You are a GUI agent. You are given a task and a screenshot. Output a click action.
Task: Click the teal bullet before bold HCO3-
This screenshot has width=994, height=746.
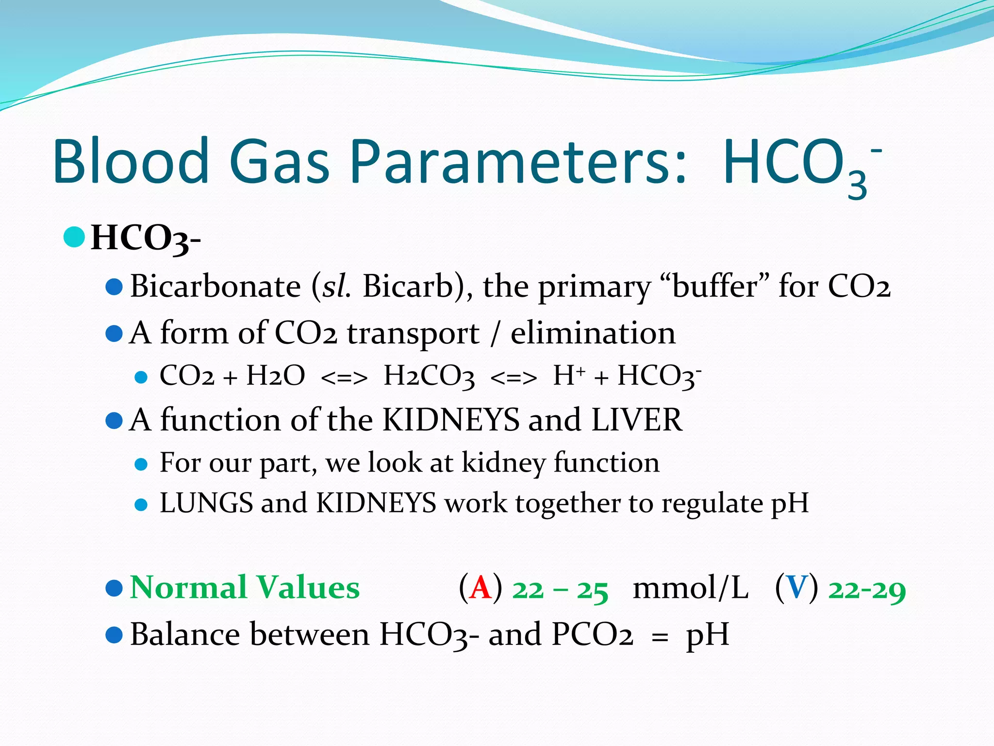[x=74, y=237]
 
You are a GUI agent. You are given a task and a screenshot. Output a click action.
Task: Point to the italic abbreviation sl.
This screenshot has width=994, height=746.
[x=336, y=286]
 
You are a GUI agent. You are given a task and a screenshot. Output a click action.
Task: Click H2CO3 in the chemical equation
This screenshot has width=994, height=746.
[x=429, y=376]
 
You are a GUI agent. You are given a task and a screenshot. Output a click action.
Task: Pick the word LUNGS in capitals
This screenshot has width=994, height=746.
[x=206, y=503]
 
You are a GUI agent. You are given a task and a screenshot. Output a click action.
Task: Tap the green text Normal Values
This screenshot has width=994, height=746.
[x=245, y=588]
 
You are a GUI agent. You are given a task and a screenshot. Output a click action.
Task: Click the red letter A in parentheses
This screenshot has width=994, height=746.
[x=480, y=588]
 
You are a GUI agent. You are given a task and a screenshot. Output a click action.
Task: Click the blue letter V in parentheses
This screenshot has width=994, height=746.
[x=796, y=588]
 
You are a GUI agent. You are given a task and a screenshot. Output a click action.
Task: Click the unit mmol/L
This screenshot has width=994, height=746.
[x=690, y=588]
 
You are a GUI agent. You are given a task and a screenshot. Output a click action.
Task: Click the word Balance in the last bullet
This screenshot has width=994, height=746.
[x=185, y=635]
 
